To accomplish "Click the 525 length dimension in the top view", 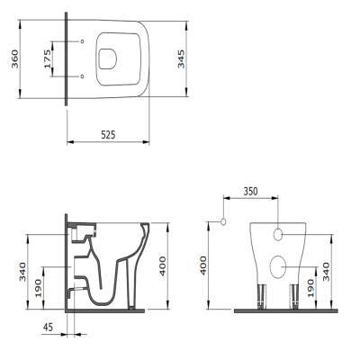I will (x=107, y=134).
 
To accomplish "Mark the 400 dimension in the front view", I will (x=203, y=265).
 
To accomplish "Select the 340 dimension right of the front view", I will (x=327, y=271).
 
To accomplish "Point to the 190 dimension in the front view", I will (x=311, y=288).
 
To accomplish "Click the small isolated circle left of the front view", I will (x=221, y=219).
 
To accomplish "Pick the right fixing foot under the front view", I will (x=294, y=294).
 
